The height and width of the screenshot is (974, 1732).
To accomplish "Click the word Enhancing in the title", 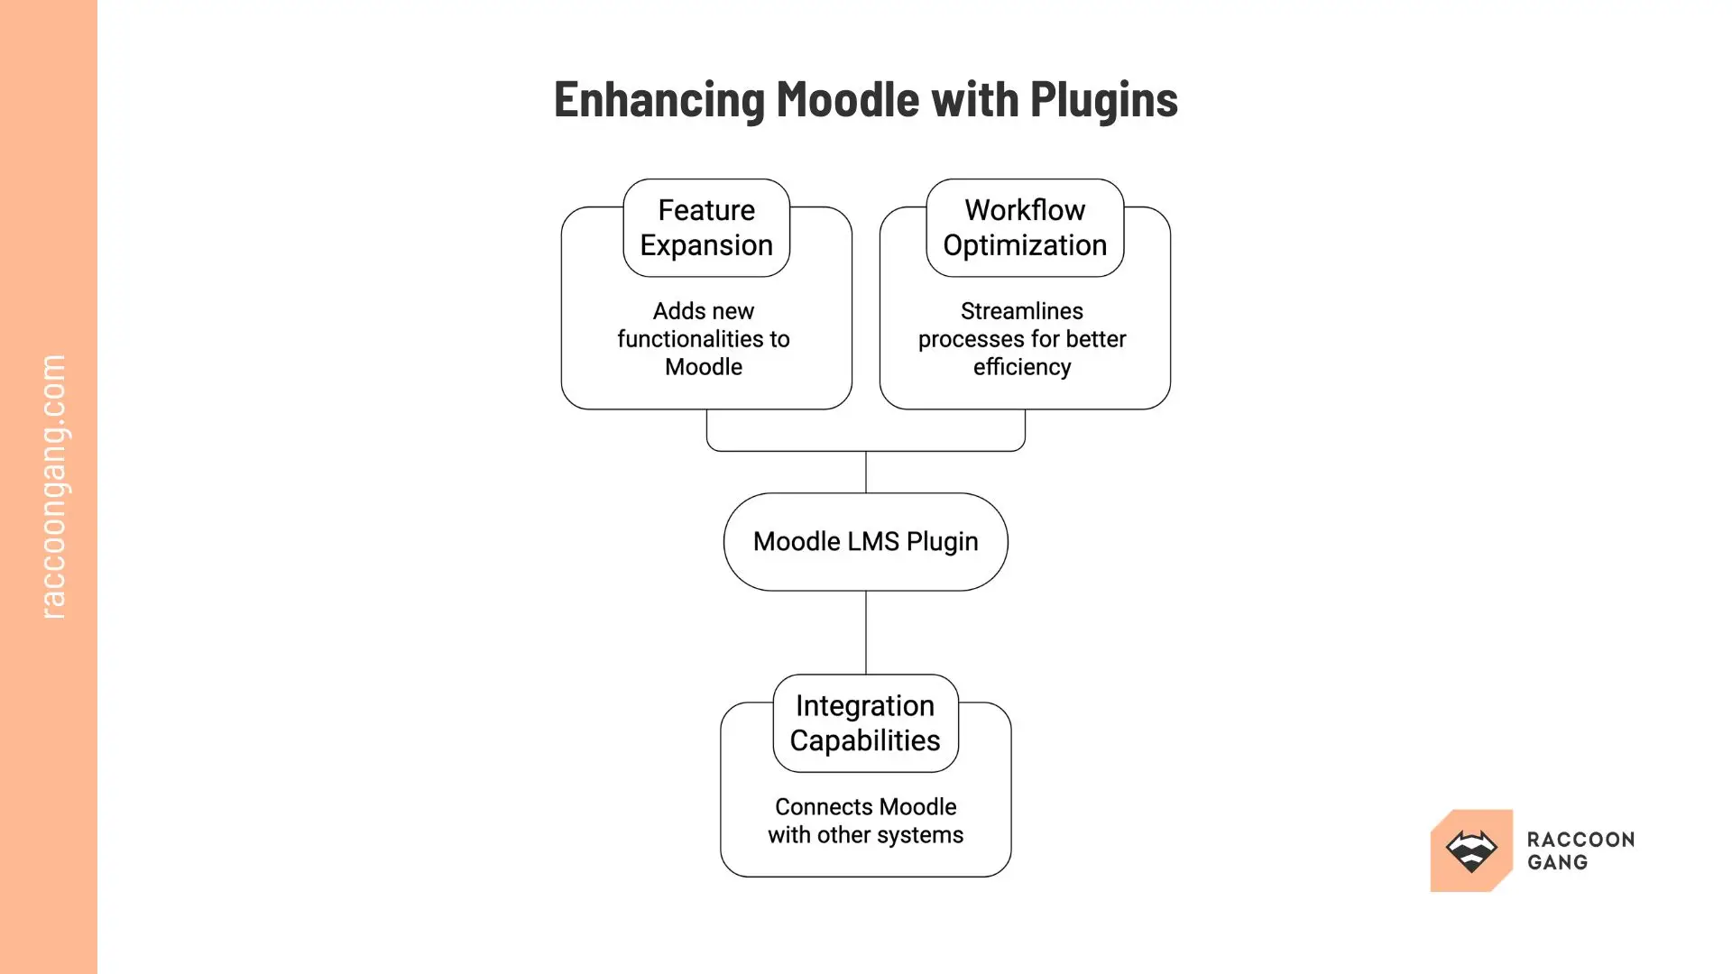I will (659, 99).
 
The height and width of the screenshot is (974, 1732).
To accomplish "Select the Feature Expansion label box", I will (706, 227).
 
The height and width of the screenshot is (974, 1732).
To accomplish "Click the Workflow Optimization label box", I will (1025, 227).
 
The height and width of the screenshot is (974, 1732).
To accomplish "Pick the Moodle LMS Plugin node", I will (865, 541).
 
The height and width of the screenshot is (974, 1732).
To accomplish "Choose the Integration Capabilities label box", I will (865, 722).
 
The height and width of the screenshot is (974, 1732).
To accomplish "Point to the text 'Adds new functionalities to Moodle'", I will (704, 338).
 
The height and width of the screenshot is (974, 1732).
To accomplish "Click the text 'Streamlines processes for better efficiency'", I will (1022, 338).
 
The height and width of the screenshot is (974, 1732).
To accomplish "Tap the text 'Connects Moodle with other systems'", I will (865, 820).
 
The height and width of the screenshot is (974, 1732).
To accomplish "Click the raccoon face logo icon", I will (1471, 850).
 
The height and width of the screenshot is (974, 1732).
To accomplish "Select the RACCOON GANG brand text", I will (1580, 850).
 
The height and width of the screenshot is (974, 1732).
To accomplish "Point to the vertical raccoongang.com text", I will (53, 487).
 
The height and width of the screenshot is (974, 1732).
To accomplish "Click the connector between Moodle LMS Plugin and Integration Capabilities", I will (866, 631).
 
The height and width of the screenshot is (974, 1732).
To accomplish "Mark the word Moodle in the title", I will (847, 99).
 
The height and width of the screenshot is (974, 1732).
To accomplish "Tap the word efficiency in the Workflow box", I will (1022, 367).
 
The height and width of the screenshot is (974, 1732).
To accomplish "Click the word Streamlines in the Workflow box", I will (1022, 311).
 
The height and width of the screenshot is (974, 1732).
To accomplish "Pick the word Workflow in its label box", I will (1025, 210).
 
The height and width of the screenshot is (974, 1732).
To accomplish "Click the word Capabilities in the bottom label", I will (865, 740).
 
